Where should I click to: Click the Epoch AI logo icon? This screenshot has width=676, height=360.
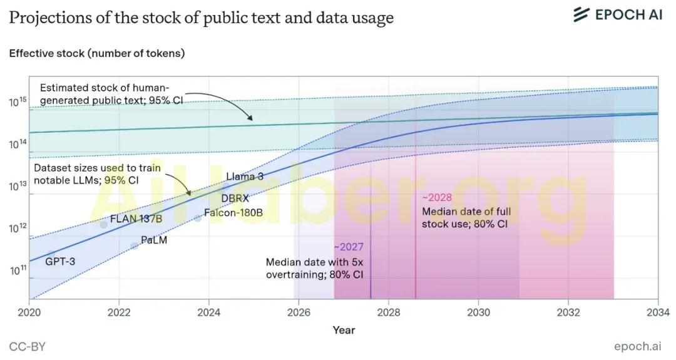[581, 14]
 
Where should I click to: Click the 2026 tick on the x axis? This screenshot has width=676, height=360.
[299, 312]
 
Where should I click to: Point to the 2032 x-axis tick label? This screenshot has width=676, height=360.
[568, 312]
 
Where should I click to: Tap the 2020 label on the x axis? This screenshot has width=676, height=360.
[29, 312]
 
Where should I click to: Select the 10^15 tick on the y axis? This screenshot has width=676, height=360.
[18, 102]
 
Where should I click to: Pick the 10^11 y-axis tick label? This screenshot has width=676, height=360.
[18, 270]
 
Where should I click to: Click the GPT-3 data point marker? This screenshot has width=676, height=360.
[51, 254]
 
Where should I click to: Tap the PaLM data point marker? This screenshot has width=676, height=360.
[135, 246]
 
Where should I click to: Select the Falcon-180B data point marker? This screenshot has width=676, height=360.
[197, 218]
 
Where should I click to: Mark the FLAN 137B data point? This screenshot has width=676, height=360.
[104, 225]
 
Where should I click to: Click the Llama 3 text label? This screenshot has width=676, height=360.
[245, 177]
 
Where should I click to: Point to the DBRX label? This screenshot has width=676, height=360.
[235, 198]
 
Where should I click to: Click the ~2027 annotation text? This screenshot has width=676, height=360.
[349, 247]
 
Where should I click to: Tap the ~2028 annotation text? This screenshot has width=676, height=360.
[437, 197]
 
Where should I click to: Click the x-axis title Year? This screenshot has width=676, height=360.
[344, 330]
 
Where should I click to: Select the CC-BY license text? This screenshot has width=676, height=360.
[27, 347]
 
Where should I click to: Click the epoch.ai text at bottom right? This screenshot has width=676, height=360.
[638, 346]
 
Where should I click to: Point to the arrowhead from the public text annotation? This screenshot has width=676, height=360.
[250, 117]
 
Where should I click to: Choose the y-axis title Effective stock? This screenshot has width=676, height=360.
[46, 53]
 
